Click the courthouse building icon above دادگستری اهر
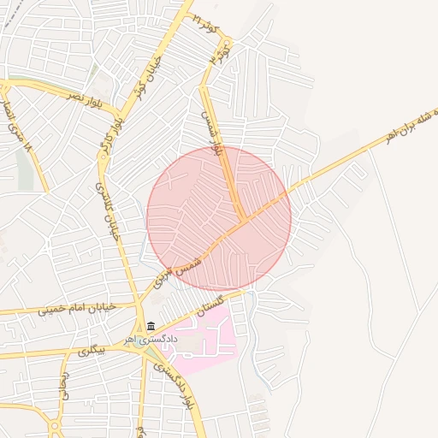[151, 326]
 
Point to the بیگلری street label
[90, 351]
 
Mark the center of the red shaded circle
[219, 218]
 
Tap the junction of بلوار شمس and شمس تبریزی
[244, 219]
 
